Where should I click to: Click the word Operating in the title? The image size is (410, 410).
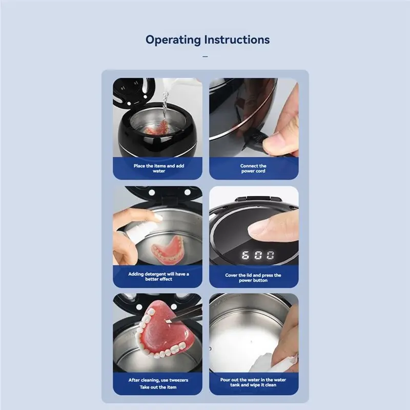click(173, 39)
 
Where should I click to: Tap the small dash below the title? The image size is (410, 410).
click(205, 56)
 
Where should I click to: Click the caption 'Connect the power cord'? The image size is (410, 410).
click(253, 168)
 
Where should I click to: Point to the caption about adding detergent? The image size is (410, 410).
click(158, 276)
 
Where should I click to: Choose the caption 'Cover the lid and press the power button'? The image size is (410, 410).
click(253, 277)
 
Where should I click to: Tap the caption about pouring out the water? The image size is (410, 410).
click(253, 383)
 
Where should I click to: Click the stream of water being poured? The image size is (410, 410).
click(165, 105)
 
